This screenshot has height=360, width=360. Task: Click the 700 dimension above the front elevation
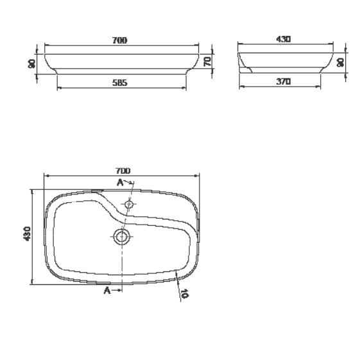pos(119,40)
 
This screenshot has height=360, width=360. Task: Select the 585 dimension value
pos(120,82)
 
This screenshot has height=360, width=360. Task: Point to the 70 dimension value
pos(208,62)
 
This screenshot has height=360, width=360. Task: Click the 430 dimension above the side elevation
pos(283,39)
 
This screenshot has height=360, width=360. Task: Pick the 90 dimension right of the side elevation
pos(341,62)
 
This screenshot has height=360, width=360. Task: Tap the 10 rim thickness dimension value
pos(185,295)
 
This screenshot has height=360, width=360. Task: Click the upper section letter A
pos(119,183)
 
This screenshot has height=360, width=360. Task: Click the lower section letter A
pos(107,291)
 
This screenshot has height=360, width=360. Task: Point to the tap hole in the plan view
pos(128,205)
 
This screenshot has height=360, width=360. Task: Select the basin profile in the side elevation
pos(286,62)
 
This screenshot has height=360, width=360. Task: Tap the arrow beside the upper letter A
pos(128,184)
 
